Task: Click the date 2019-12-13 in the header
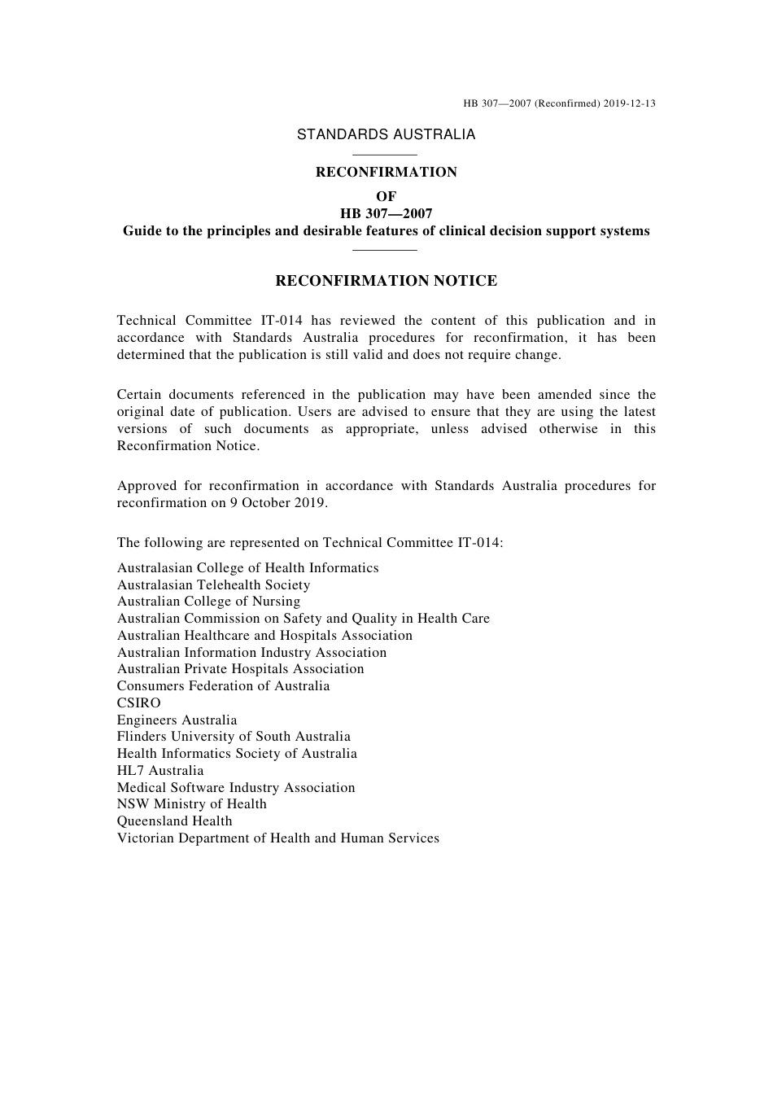630,103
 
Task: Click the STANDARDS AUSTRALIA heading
386,134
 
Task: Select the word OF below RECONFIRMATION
386,196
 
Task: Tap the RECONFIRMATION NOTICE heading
386,281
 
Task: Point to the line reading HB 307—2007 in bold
386,213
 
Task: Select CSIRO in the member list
139,702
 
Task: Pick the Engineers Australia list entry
177,720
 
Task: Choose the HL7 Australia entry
160,770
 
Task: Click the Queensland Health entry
174,820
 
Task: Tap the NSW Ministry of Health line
191,803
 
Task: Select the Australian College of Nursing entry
208,601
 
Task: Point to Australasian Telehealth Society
213,584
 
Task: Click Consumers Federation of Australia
223,685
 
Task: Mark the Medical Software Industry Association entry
236,787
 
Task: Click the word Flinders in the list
142,736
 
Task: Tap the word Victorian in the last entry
146,838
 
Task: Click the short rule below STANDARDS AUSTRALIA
386,155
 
